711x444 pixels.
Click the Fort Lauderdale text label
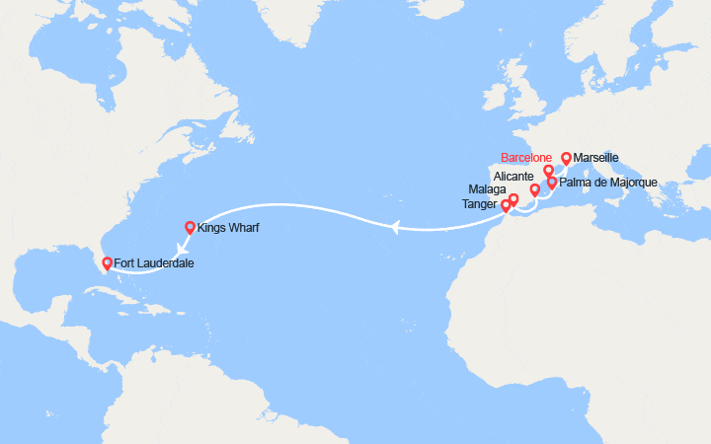(x=153, y=263)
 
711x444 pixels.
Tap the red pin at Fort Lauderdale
(x=107, y=262)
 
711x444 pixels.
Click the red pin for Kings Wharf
(x=190, y=227)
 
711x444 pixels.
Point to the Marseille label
(x=596, y=157)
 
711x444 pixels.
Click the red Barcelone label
(x=526, y=157)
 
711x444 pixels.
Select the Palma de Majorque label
(x=607, y=183)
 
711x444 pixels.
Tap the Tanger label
(x=480, y=204)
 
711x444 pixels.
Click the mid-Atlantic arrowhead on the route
(x=395, y=228)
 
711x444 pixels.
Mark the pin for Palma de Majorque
(x=551, y=183)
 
